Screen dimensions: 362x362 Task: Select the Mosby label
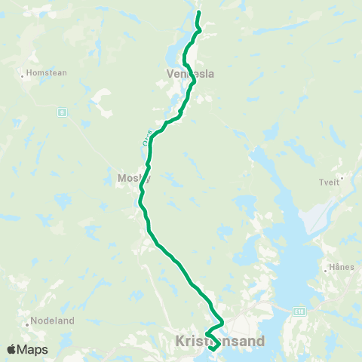134,179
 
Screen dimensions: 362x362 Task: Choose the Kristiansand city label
220,342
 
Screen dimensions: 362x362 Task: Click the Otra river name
147,138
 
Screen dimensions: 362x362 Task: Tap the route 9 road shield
61,112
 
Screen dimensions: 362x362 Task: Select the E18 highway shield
299,310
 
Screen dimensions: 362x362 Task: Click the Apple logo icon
11,349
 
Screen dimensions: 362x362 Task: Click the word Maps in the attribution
32,349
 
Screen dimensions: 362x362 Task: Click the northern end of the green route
199,13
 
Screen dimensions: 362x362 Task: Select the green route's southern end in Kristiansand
211,348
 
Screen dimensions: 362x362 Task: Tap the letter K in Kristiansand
179,342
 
